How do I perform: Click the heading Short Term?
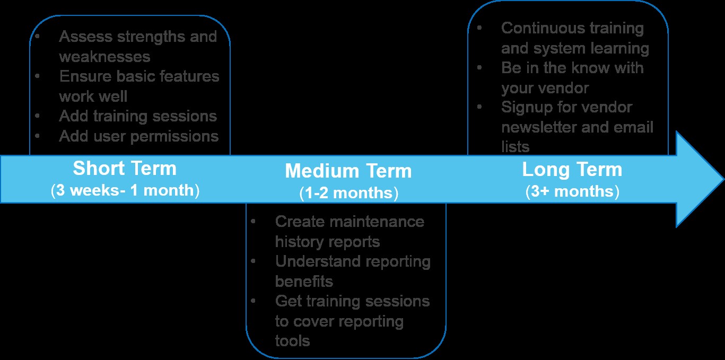point(125,169)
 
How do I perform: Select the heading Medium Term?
point(348,171)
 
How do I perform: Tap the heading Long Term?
point(572,170)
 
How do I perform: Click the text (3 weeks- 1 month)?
point(125,191)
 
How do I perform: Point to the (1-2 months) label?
point(348,194)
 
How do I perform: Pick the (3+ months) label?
point(572,191)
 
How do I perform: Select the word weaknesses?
point(104,56)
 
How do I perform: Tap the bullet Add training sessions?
point(138,116)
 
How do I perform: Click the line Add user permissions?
point(138,136)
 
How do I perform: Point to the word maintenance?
point(371,221)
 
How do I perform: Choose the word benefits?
point(304,281)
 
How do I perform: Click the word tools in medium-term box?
point(292,340)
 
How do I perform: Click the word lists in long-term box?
point(515,147)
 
